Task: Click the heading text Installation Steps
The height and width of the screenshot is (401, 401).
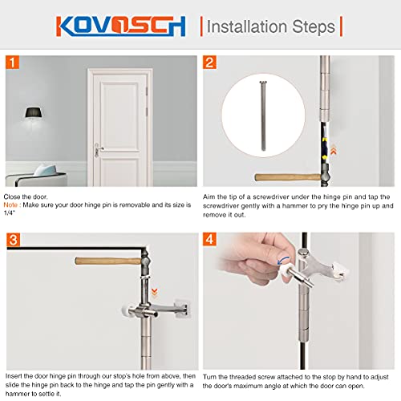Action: tap(271, 26)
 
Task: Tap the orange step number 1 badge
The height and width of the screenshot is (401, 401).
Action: tap(11, 62)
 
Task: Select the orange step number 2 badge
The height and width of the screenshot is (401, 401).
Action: tap(209, 62)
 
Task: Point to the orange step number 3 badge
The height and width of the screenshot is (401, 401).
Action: tap(11, 240)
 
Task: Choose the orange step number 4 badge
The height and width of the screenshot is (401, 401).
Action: tap(209, 240)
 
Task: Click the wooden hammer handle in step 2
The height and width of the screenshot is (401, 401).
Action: tap(281, 176)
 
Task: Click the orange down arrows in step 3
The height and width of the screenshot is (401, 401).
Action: tap(154, 294)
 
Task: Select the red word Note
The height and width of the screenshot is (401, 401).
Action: tap(13, 204)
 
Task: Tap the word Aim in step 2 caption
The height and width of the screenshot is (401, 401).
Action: tap(210, 195)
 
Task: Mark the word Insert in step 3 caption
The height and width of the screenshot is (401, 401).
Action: tap(14, 375)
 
